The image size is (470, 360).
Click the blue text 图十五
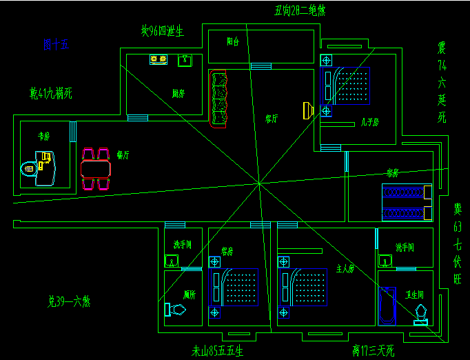tap(56, 45)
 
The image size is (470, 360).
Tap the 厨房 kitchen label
tap(178, 93)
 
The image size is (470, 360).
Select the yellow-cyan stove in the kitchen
tap(159, 60)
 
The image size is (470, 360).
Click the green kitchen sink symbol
tap(185, 60)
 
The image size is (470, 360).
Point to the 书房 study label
tap(44, 137)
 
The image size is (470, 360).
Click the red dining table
tap(96, 168)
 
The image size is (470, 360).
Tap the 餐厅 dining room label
tap(124, 155)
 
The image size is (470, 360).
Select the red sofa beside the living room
tap(218, 99)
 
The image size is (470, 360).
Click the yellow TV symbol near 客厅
tap(308, 110)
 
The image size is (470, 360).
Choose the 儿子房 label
tap(370, 123)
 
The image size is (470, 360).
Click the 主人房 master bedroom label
tap(345, 268)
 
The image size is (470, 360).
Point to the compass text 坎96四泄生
tap(162, 31)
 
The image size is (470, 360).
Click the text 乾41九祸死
tap(51, 92)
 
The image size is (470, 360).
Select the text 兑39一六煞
tap(68, 301)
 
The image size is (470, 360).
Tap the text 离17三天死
tap(372, 351)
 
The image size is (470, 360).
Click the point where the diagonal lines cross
tap(259, 183)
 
